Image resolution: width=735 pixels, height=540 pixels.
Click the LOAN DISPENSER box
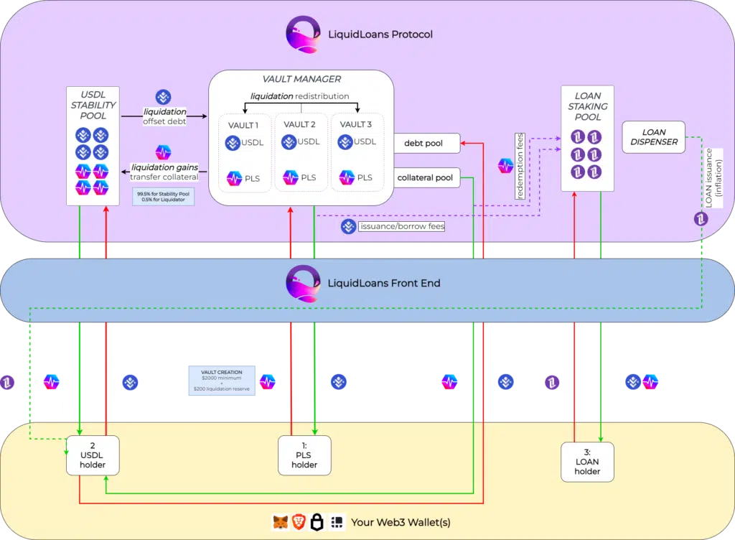point(653,137)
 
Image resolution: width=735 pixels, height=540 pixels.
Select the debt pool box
point(426,144)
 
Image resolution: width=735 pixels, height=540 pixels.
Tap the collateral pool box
point(426,177)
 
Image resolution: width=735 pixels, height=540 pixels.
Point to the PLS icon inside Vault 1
point(234,177)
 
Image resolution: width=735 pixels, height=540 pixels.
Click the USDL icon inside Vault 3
point(346,143)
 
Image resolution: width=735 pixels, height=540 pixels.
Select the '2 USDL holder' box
point(93,455)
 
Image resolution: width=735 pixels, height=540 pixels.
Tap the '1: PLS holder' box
point(304,455)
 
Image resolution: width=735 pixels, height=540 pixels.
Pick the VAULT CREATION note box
point(222,379)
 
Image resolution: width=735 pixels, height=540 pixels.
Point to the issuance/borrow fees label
point(401,226)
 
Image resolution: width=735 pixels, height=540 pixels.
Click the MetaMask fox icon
point(280,522)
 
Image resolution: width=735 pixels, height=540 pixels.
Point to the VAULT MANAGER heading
point(301,79)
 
